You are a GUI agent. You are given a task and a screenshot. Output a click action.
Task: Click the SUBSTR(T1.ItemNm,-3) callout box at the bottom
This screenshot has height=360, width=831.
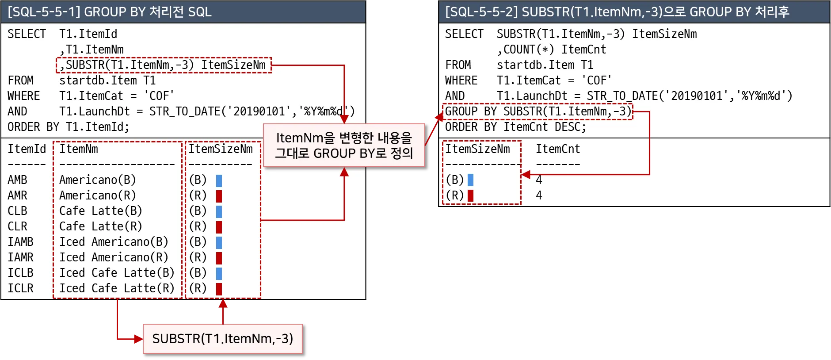coord(222,339)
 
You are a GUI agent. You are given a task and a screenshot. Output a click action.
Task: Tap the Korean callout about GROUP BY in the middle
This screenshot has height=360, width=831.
coord(344,146)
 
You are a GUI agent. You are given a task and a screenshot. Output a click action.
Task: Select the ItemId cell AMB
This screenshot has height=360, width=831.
coord(17,180)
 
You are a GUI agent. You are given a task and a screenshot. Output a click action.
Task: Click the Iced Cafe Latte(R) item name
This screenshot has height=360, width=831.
coord(117,288)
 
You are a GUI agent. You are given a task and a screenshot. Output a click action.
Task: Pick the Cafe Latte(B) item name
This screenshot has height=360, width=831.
coord(101,211)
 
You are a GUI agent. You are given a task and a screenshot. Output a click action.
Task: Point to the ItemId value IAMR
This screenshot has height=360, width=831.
coord(20,257)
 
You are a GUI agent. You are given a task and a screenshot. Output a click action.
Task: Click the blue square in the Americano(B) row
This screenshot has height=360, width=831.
coord(219,180)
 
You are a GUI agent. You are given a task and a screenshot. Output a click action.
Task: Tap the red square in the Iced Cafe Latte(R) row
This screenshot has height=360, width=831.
coord(219,289)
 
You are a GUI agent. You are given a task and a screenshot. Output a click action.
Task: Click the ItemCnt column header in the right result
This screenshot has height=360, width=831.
coord(558,149)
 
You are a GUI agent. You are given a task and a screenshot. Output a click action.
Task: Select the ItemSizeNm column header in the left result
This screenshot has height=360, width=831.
coord(221,149)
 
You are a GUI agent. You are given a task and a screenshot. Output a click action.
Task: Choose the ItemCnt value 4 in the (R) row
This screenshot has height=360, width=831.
coord(539,195)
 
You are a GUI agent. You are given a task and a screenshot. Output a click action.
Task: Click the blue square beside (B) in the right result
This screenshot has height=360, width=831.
coord(470,180)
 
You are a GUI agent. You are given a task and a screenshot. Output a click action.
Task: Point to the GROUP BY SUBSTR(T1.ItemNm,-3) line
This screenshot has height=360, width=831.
coord(538,111)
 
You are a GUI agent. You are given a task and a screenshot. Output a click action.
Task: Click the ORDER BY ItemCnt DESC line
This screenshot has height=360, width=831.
coord(515,127)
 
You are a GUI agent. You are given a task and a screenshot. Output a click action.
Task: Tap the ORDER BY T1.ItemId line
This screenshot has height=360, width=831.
coord(69,127)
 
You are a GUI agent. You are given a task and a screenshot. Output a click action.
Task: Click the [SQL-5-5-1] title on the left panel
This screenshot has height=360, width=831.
coord(110,12)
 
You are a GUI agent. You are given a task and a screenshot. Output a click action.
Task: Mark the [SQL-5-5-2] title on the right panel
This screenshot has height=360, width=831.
coord(617,12)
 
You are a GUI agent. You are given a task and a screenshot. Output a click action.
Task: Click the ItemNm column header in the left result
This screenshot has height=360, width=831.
coord(79,149)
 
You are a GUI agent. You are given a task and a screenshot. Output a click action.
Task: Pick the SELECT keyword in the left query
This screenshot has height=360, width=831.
coord(27,34)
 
